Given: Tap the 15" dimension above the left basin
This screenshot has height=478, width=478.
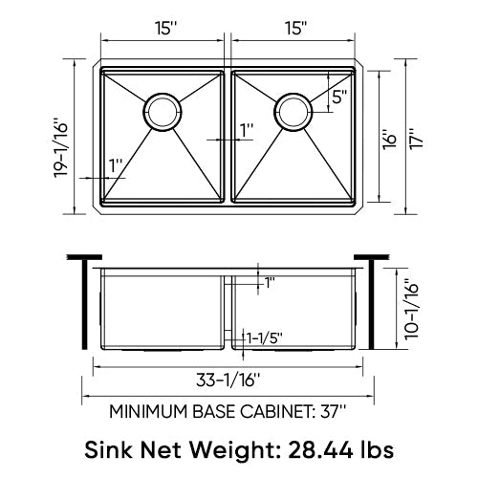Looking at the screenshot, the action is (x=166, y=29).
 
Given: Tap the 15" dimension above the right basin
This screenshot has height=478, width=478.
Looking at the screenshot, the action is (x=295, y=29).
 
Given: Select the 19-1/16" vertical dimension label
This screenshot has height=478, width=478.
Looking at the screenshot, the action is (x=61, y=148).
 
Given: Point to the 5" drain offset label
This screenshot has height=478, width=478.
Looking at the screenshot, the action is (x=339, y=97).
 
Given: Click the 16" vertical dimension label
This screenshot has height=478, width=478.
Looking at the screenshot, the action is (x=389, y=139).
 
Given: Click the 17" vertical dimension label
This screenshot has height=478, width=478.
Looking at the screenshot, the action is (x=417, y=139).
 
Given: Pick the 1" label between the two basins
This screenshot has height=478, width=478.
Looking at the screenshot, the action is (x=247, y=130).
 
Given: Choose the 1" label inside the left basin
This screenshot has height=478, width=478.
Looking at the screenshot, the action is (x=116, y=165).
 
